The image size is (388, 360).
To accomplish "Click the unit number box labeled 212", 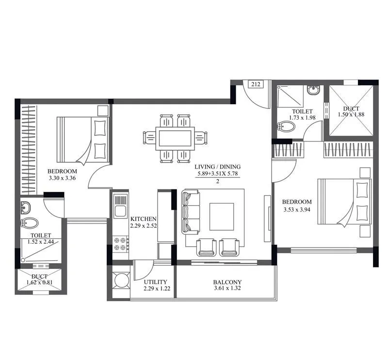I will coord(256,84).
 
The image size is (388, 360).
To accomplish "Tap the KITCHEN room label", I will coord(143,219).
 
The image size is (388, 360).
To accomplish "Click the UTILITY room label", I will coord(155,282).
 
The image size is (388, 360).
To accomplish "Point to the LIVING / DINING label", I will coord(218,167).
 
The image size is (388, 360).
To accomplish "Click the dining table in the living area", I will coord(175,138).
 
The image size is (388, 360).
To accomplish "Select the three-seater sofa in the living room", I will coord(190,211).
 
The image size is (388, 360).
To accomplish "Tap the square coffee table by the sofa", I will coord(221,216).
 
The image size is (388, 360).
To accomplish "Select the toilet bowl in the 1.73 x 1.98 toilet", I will coord(287,127).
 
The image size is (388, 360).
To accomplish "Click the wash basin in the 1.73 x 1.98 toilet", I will coord(313,90).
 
